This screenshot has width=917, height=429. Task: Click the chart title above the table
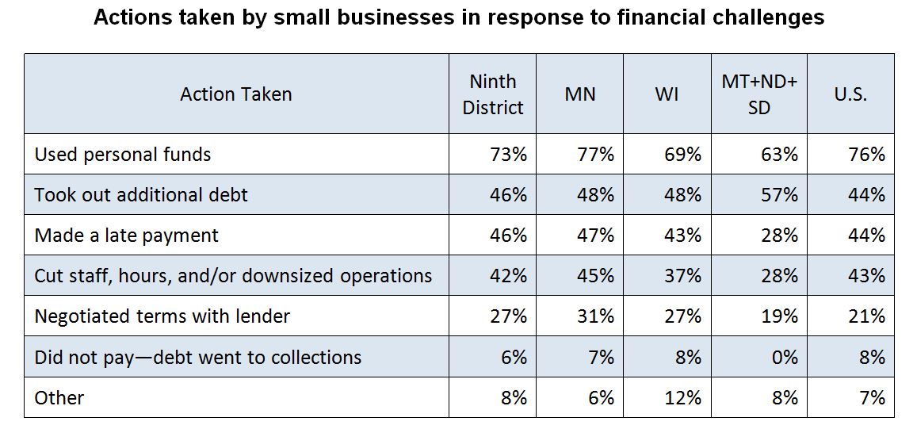[458, 17]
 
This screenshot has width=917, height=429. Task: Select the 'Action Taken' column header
[235, 94]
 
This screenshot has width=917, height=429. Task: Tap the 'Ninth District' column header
[492, 94]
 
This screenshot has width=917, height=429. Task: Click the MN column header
[579, 94]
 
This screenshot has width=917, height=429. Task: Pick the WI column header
[667, 94]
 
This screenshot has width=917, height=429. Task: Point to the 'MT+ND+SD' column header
[758, 94]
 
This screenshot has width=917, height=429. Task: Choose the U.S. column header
[850, 94]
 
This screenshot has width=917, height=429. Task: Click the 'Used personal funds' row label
[123, 155]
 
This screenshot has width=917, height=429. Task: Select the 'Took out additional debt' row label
[141, 195]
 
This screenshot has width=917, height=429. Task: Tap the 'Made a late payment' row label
[126, 236]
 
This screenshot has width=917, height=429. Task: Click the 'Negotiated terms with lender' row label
[162, 316]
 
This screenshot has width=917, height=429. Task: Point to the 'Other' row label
[59, 397]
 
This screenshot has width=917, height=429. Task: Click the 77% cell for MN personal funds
[595, 155]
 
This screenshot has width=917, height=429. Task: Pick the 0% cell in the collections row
[784, 357]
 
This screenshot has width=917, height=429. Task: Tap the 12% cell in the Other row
[682, 397]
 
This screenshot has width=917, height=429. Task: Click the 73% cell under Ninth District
[508, 155]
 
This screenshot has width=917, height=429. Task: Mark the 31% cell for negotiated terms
[595, 316]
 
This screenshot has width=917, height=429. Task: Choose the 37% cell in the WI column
[682, 276]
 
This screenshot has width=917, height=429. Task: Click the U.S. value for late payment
[866, 236]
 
